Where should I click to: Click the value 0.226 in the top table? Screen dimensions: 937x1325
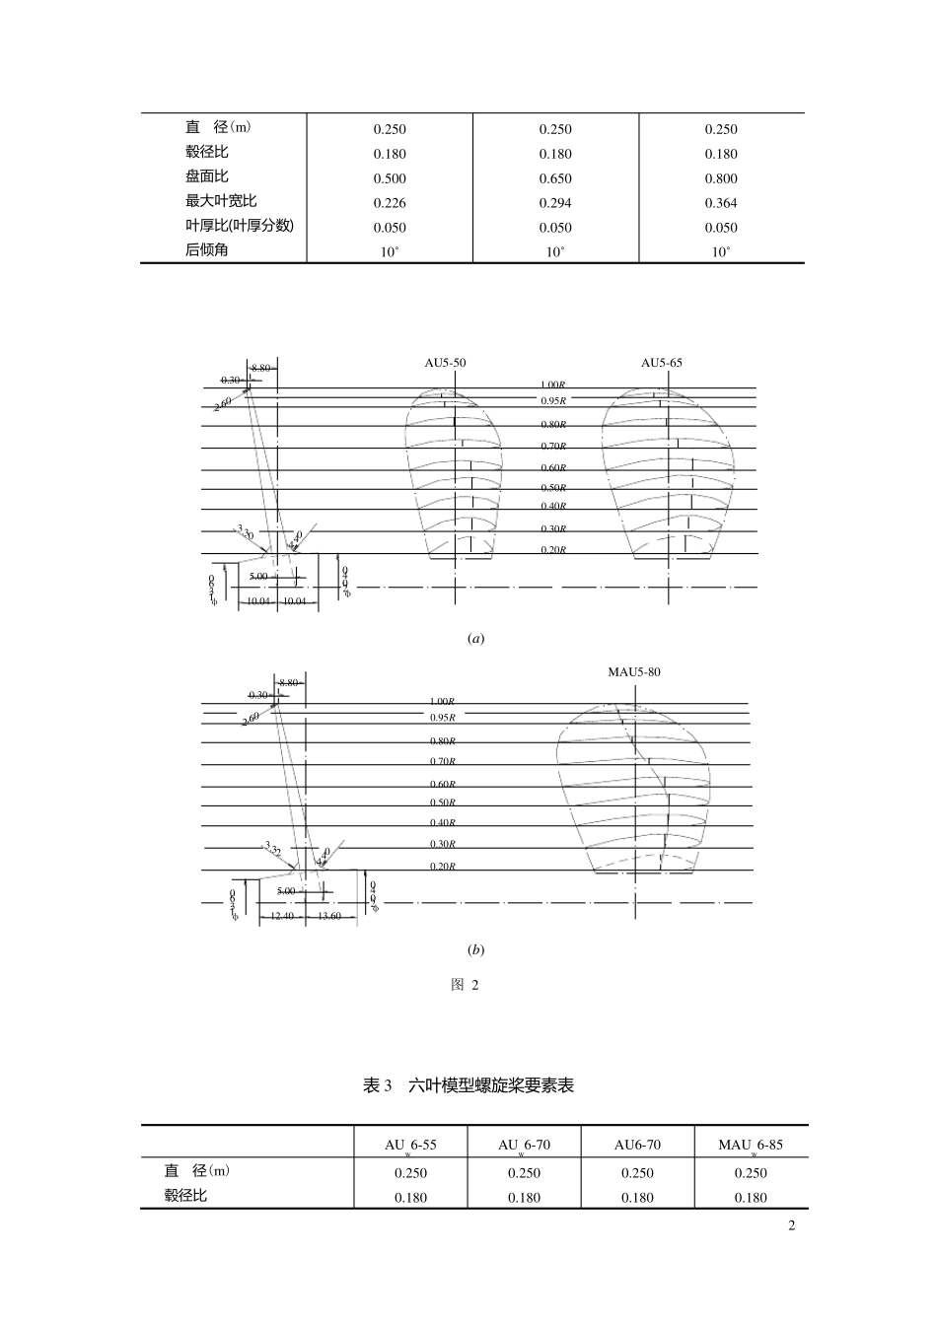click(390, 203)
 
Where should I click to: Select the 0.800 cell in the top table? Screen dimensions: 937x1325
click(721, 178)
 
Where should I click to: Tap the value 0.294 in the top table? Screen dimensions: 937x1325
click(555, 203)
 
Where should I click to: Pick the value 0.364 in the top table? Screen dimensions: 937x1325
click(721, 203)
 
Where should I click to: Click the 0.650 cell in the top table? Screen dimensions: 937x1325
click(555, 178)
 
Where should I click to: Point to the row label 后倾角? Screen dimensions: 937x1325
click(206, 250)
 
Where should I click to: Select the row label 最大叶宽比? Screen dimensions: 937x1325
click(221, 201)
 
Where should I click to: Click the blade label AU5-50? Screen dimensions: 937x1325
click(445, 363)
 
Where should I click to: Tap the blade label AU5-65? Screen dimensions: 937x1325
click(662, 363)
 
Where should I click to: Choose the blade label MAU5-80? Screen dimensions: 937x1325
click(634, 672)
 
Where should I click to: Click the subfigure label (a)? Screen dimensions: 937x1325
click(475, 639)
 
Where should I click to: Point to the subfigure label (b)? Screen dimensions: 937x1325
click(475, 950)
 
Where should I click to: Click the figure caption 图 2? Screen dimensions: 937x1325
click(465, 985)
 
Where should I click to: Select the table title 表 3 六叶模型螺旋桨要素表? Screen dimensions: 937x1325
click(468, 1085)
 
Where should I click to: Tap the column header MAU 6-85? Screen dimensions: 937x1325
click(751, 1146)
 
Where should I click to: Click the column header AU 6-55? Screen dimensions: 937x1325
click(410, 1146)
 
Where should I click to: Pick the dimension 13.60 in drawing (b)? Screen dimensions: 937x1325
click(329, 916)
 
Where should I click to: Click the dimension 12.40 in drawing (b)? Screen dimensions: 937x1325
click(282, 916)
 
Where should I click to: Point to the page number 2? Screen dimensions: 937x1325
click(791, 1225)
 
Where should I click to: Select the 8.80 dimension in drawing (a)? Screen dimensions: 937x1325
click(260, 367)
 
